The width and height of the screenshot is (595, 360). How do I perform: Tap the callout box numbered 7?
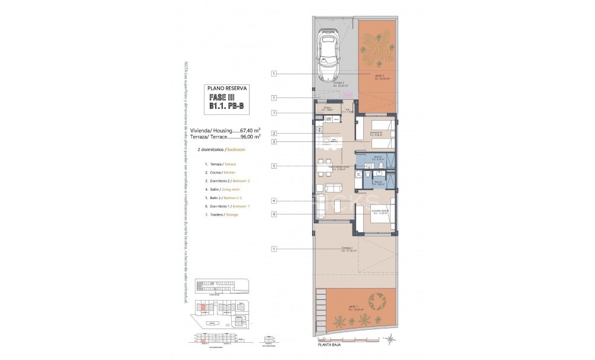click(x=274, y=112)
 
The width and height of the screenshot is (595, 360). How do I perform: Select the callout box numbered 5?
click(x=274, y=166)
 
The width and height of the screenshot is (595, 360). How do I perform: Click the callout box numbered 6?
click(x=274, y=214)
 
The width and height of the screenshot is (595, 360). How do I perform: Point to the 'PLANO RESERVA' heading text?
click(x=226, y=87)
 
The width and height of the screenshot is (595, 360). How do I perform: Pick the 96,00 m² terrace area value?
click(x=250, y=136)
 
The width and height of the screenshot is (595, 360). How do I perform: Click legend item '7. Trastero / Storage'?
click(x=221, y=214)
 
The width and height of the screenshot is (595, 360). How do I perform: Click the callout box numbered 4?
click(x=274, y=201)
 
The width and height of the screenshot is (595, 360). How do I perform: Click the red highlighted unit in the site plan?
click(x=203, y=308)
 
